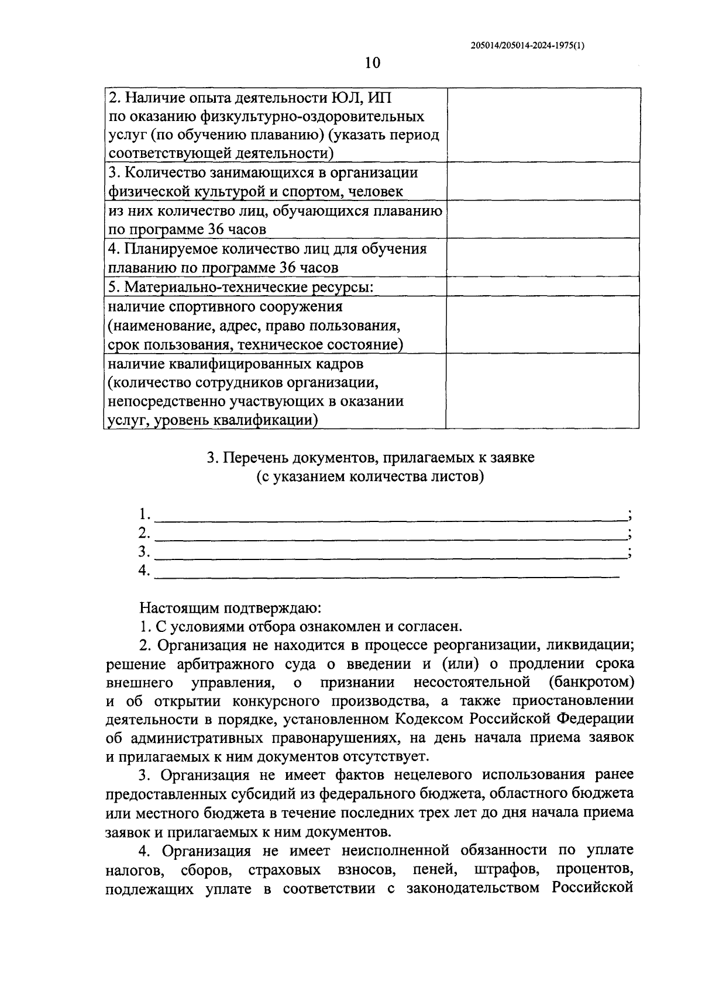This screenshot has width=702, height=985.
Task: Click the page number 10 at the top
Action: coord(372,63)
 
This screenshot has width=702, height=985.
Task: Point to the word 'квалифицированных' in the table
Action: coord(232,364)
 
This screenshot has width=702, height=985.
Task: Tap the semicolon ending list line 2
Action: coord(629,534)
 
